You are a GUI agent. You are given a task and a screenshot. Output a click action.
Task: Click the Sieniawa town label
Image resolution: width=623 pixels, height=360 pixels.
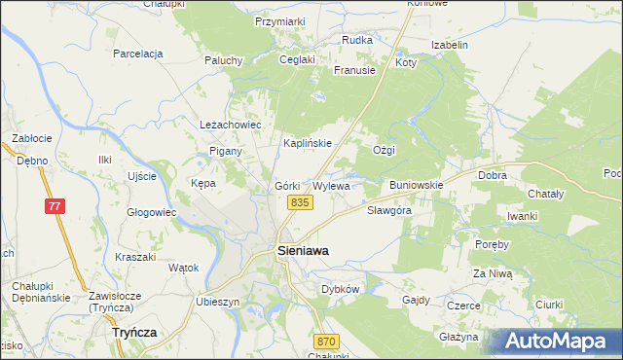click(303, 250)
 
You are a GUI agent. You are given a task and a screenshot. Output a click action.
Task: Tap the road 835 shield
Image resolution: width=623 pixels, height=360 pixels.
click(300, 201)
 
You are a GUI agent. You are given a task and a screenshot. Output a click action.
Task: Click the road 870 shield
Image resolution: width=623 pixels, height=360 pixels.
click(326, 341)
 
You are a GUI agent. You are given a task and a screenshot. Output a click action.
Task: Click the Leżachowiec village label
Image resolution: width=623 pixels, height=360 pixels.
click(231, 126)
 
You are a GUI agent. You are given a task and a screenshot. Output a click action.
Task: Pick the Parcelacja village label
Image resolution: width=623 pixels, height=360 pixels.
click(137, 54)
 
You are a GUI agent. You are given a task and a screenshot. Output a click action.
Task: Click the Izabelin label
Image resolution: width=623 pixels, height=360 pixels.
click(450, 45)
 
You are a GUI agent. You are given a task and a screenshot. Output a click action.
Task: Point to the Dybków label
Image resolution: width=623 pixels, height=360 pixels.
click(341, 289)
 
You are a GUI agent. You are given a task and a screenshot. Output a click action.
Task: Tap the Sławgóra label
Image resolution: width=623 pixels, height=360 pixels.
click(390, 210)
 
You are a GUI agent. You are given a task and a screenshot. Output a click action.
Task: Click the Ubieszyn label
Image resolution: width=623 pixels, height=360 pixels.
click(218, 302)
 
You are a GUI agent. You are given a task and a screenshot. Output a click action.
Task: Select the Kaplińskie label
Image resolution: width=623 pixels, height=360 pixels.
click(308, 143)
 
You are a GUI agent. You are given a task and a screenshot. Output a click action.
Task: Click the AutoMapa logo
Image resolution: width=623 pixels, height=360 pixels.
click(561, 341)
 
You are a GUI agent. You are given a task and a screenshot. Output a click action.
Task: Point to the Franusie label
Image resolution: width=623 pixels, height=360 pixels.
click(354, 70)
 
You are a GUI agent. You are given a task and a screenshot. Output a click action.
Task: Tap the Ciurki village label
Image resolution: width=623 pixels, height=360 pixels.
click(549, 305)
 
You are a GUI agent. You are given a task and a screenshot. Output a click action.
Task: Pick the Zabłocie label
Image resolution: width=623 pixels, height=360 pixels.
click(31, 138)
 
